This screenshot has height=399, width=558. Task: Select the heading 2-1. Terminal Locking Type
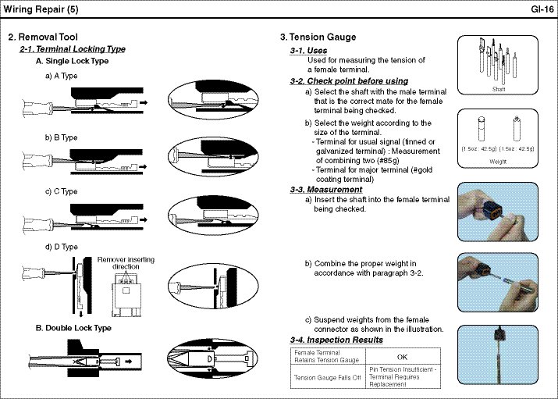click(72, 49)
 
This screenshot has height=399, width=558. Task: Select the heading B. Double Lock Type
click(74, 328)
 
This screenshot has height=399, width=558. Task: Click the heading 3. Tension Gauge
click(318, 37)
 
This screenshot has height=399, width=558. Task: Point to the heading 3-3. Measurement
click(325, 189)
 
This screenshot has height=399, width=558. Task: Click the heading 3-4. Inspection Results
click(336, 340)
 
